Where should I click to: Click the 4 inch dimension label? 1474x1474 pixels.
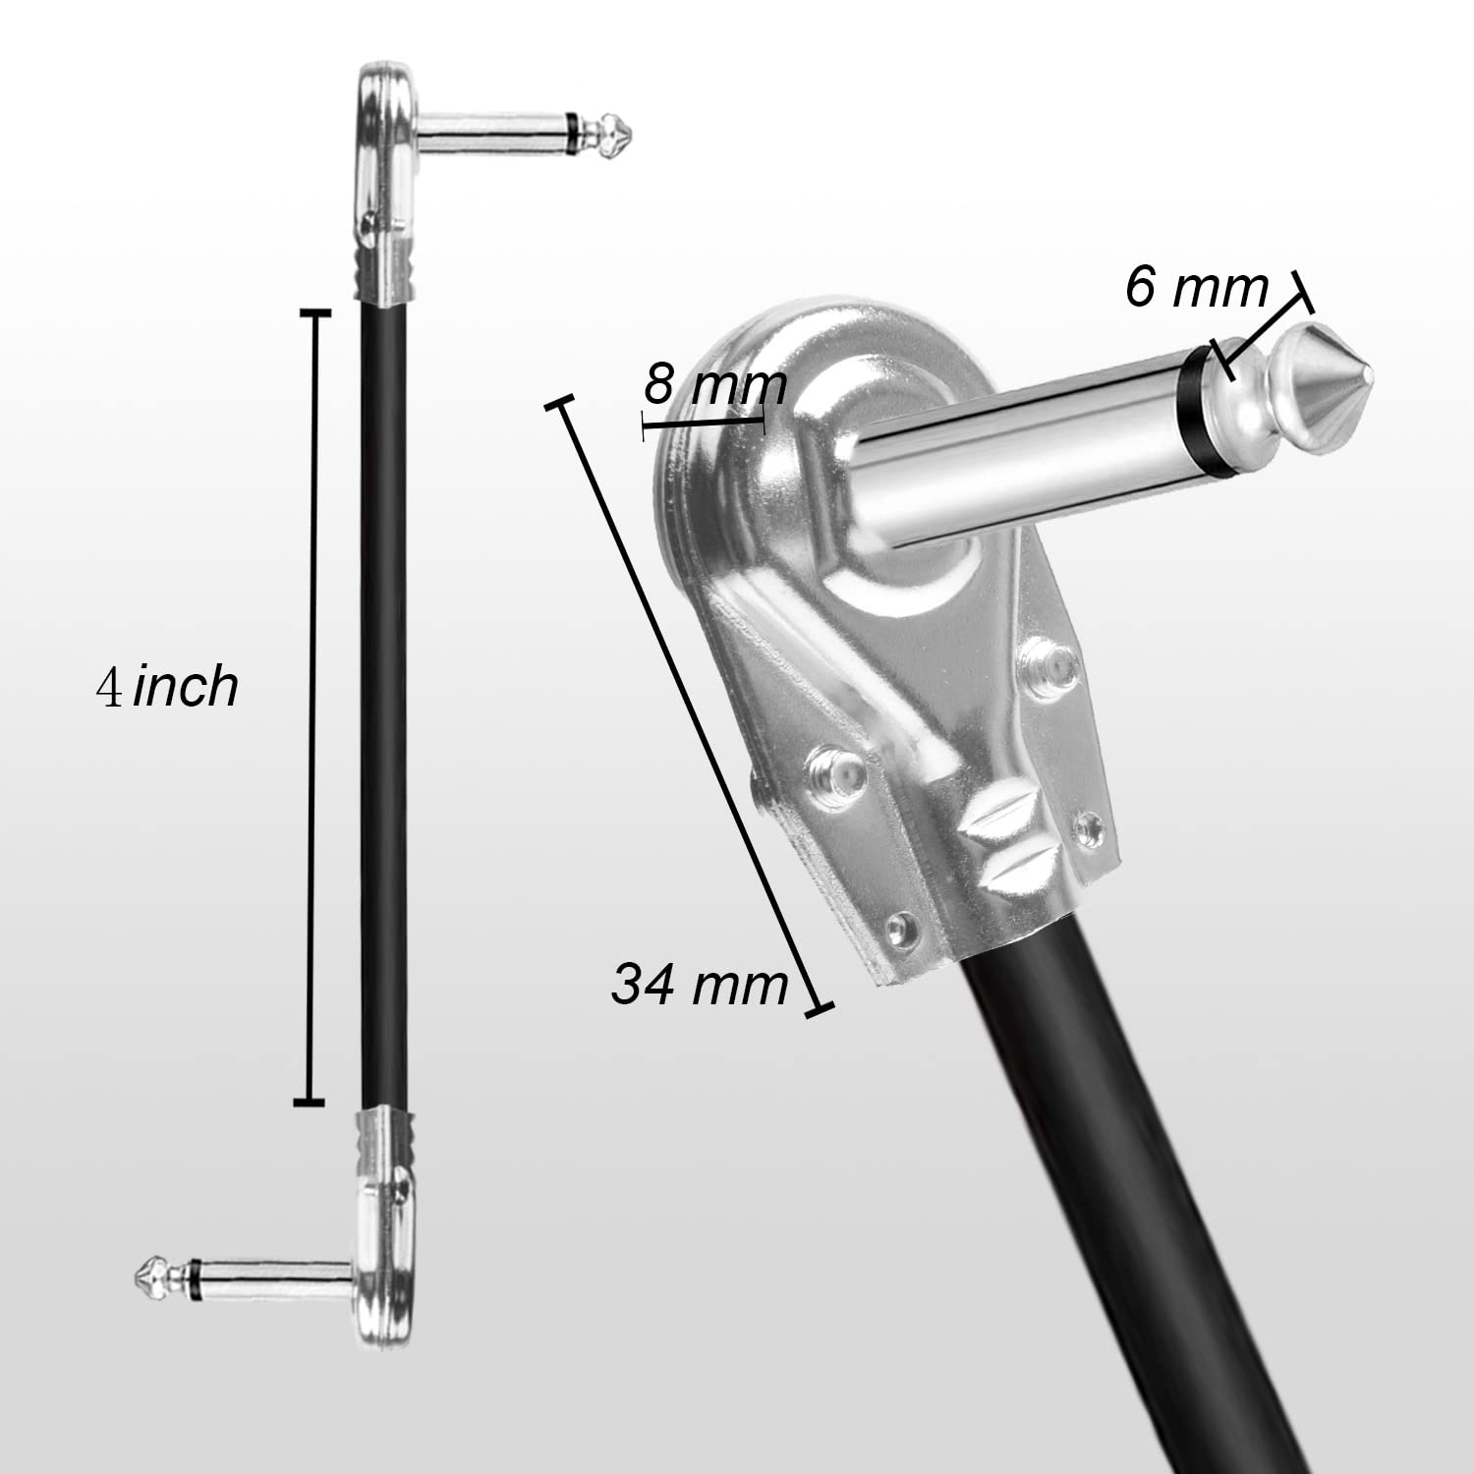point(167,686)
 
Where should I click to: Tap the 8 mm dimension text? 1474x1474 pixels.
point(715,385)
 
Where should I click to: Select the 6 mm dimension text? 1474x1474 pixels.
point(1197,288)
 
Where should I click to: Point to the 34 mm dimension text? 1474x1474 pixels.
point(700,983)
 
